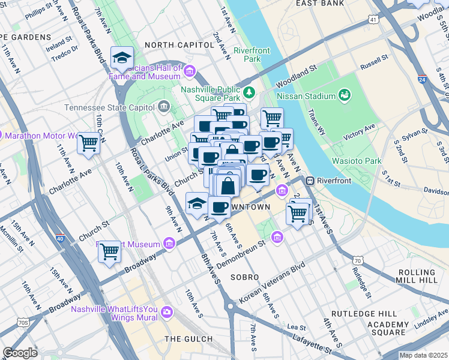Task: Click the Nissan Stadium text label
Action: tap(306, 96)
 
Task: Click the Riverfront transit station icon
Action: tap(310, 181)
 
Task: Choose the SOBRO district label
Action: tap(244, 277)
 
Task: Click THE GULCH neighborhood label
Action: tap(189, 339)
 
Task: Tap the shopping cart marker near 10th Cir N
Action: tap(89, 143)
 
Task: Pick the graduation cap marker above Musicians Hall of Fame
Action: tap(122, 58)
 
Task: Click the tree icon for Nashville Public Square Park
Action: tap(249, 92)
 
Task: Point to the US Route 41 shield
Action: tap(373, 20)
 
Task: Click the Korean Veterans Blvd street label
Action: tap(272, 283)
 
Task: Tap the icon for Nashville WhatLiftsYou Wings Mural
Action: tap(166, 311)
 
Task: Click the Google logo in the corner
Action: tap(20, 353)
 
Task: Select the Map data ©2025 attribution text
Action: tap(423, 355)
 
